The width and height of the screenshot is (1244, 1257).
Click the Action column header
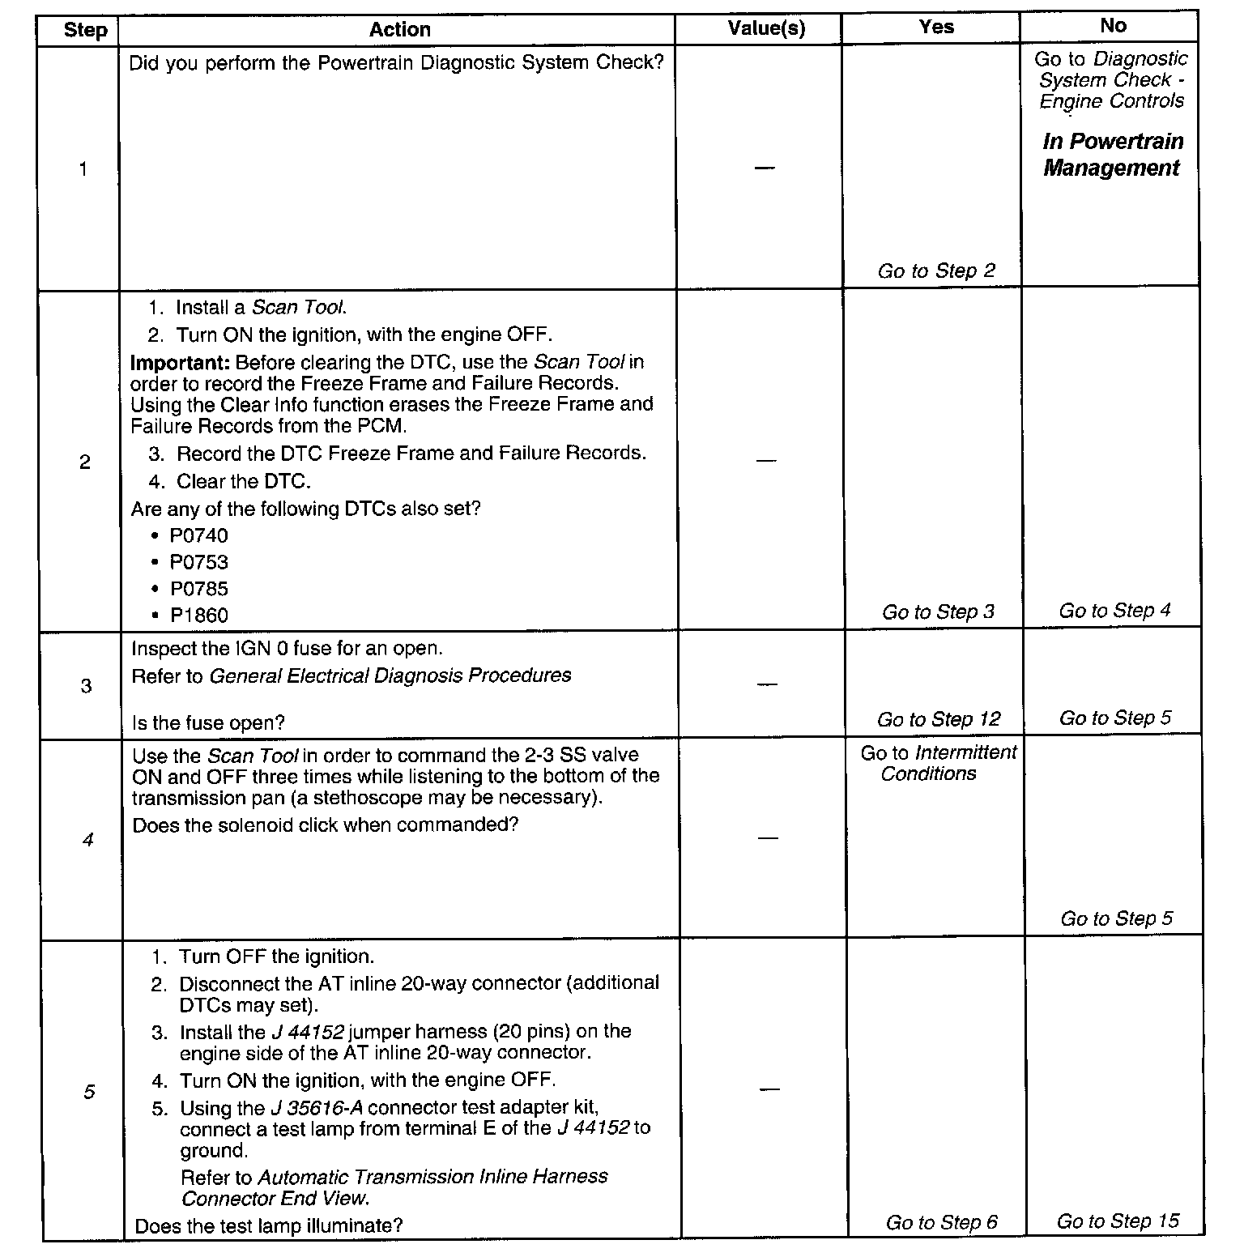coord(399,30)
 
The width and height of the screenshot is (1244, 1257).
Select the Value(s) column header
coord(766,29)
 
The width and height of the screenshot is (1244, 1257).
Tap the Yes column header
coord(936,27)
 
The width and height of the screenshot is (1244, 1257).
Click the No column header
coord(1113,26)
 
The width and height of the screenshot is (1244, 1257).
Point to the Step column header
coord(85,31)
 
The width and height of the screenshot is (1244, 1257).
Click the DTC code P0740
coord(198,535)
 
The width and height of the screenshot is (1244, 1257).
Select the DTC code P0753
coord(198,562)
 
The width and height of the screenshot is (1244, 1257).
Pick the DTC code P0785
coord(198,589)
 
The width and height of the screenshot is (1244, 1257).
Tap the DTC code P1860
coord(198,616)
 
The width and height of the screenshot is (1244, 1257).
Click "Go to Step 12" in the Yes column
coord(939,719)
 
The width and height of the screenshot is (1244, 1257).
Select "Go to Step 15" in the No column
coord(1118,1221)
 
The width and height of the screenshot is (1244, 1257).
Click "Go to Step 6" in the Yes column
coord(941,1222)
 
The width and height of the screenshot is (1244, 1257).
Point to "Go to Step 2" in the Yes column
coord(936,271)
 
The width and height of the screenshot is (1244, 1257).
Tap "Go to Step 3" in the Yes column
coord(938,611)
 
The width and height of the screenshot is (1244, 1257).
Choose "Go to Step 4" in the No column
coord(1114,610)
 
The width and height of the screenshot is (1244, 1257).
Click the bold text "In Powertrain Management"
coord(1112,155)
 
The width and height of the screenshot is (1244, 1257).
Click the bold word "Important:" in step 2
coord(181,362)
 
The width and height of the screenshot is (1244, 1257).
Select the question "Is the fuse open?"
coord(208,722)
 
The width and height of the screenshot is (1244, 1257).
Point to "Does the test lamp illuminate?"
coord(269,1225)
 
